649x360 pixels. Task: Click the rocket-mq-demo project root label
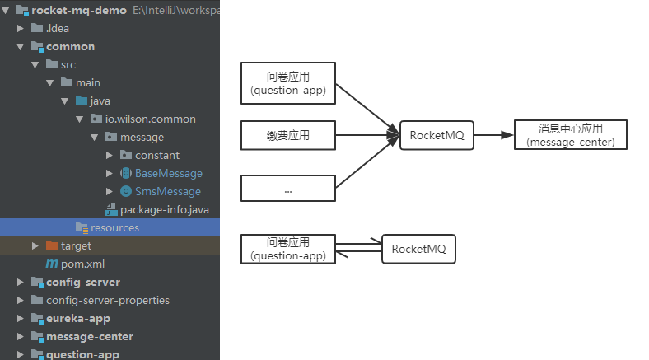(x=79, y=11)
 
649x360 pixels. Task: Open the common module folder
(x=70, y=47)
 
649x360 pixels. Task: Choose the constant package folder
(x=156, y=156)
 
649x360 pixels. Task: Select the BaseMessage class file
(x=168, y=174)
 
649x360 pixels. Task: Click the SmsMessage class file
(x=167, y=192)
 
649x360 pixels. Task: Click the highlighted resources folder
(x=114, y=228)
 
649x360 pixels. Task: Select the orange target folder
(x=76, y=246)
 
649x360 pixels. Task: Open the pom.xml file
(x=82, y=264)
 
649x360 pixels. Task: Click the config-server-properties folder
(x=107, y=301)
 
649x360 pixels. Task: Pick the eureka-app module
(x=77, y=319)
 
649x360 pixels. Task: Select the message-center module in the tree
(x=89, y=337)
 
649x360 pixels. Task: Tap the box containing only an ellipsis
(x=288, y=189)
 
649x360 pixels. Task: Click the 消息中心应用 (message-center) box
(x=570, y=135)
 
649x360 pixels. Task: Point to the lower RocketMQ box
(x=418, y=249)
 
